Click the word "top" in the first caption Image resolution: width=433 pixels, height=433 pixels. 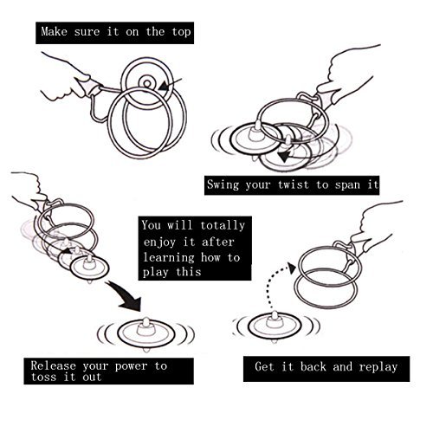[181, 32]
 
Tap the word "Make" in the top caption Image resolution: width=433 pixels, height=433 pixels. [54, 31]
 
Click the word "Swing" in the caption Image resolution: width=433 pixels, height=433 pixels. [223, 184]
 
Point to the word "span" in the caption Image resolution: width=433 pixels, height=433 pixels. [347, 185]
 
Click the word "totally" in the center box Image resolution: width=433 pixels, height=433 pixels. [223, 226]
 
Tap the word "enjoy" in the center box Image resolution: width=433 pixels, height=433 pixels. [159, 242]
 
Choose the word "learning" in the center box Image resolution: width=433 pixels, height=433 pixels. [169, 258]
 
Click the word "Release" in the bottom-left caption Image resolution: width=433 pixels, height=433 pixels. [53, 365]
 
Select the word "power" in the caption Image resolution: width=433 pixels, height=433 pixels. [131, 366]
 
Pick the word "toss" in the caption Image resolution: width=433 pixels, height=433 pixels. [43, 377]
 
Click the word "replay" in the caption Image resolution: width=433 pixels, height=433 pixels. [378, 367]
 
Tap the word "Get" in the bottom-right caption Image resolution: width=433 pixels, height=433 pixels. [264, 366]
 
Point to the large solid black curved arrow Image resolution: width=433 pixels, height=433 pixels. [125, 295]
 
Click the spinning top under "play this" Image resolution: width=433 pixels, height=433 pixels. [145, 334]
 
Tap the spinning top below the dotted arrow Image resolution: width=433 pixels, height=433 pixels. [275, 326]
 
